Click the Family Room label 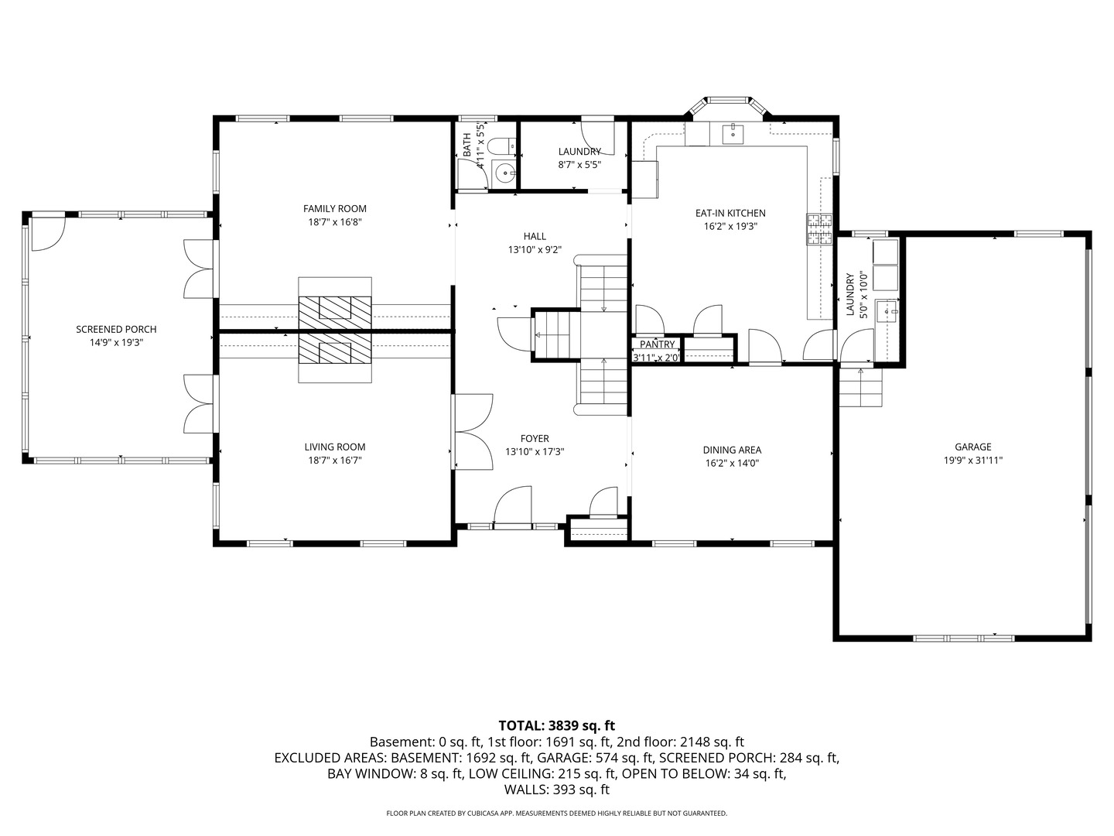tap(334, 209)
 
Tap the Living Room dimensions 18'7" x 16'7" tap(334, 461)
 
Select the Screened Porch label tap(116, 330)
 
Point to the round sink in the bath tap(504, 173)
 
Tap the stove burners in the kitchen tap(819, 229)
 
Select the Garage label tap(972, 447)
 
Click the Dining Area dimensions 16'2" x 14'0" tap(732, 463)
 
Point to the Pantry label tap(657, 344)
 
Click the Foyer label tap(535, 439)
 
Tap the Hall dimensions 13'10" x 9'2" tap(535, 250)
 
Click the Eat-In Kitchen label tap(730, 213)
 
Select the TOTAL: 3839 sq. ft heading tap(557, 725)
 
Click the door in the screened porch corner tap(49, 234)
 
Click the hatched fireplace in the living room tap(335, 348)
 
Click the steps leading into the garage tap(860, 387)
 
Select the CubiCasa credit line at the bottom tap(557, 813)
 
